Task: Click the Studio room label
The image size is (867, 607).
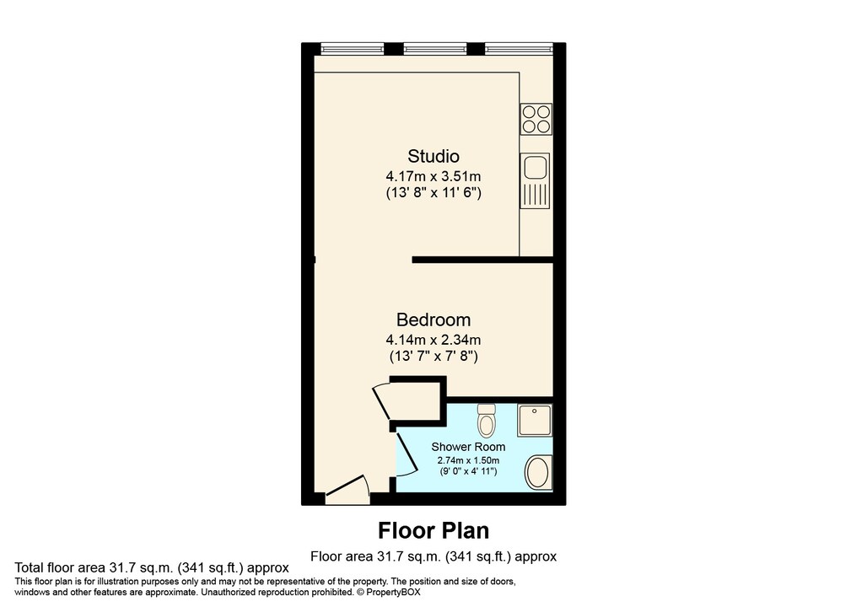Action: coord(433,156)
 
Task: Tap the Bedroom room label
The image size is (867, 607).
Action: coord(433,320)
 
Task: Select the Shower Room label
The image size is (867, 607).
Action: coord(468,447)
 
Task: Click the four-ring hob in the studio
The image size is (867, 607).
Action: coord(536,119)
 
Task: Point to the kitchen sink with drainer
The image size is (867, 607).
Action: coord(536,180)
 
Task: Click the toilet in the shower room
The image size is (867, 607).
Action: coord(487,418)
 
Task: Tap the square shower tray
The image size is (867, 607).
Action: coord(535,420)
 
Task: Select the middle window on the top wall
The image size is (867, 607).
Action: coord(433,47)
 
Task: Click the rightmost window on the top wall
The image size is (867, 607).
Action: coord(518,47)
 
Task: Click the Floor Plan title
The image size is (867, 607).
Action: coord(433,530)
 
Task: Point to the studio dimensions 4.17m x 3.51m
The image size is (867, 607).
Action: coord(433,176)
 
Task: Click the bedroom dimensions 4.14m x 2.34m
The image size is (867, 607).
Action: coord(433,340)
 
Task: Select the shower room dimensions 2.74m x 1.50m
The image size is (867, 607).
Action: coord(468,460)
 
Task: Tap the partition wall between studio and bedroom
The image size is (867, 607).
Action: coord(482,261)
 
